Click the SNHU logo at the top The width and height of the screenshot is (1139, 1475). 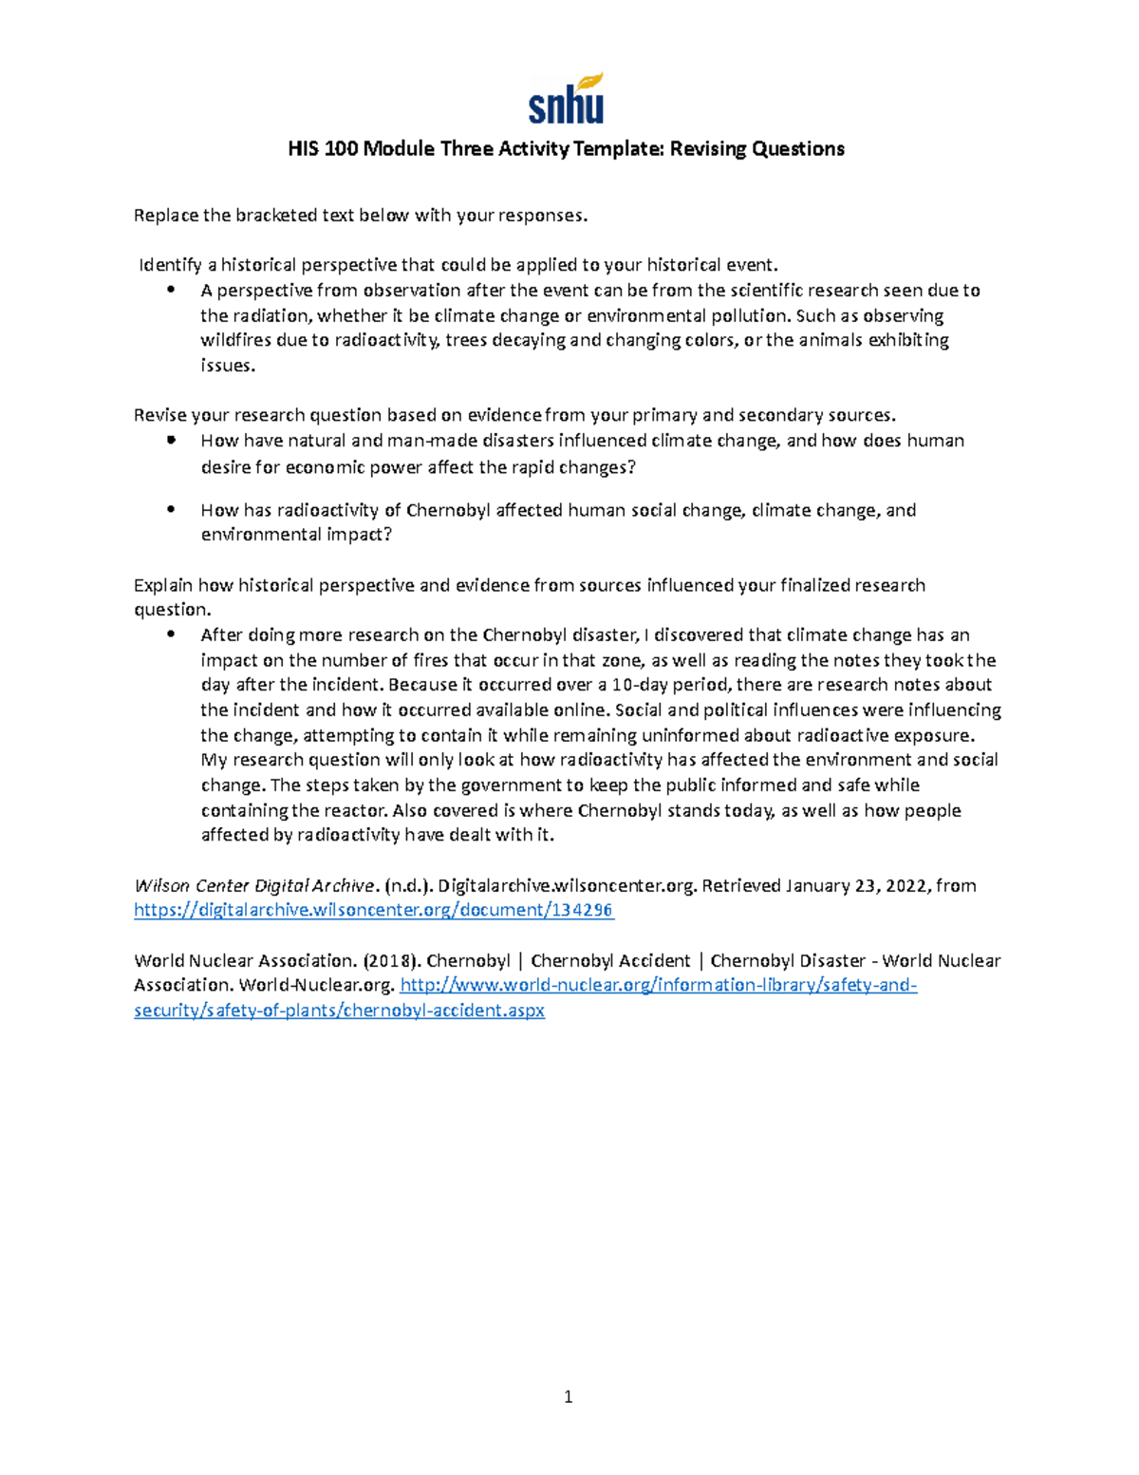[x=566, y=99]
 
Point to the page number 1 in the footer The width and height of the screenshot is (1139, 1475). [x=568, y=1396]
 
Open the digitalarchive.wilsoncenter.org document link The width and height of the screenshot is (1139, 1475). [x=373, y=910]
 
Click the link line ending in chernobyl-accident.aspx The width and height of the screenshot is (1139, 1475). [x=339, y=1011]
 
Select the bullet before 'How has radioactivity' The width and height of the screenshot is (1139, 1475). [x=171, y=510]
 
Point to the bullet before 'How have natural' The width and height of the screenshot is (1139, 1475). [x=171, y=441]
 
